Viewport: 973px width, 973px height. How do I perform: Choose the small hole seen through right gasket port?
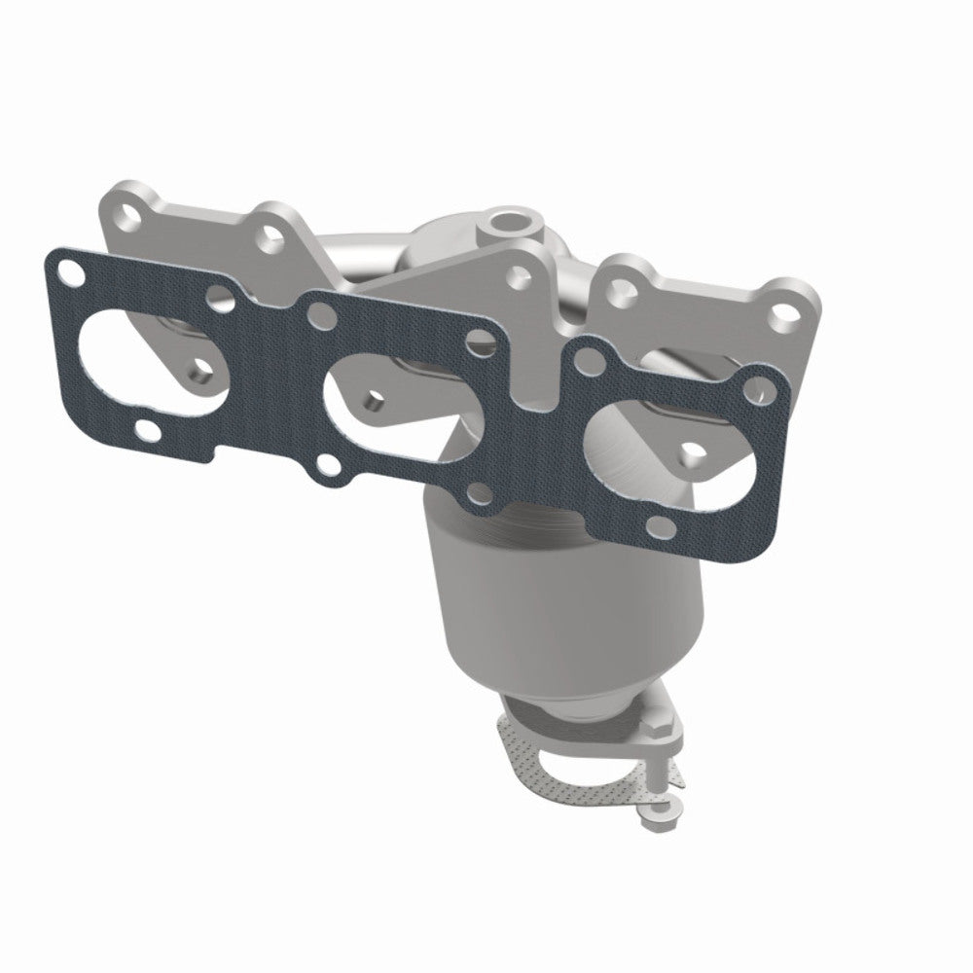click(x=689, y=449)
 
